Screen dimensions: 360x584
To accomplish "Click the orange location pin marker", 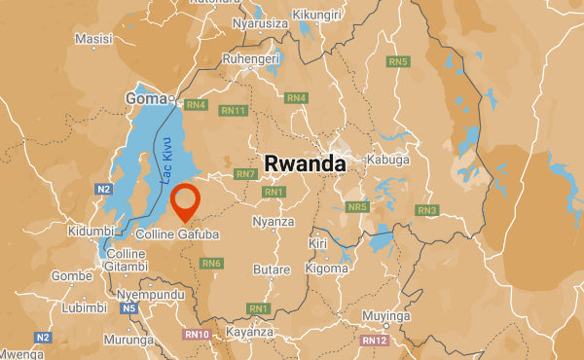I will (x=184, y=201).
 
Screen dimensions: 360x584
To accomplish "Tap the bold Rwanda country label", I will (x=305, y=163).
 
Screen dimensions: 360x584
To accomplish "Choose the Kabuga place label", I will (x=387, y=160).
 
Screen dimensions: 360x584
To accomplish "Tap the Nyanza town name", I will (x=273, y=222).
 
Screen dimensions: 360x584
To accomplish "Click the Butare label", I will (x=271, y=270).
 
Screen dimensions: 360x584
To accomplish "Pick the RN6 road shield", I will (x=211, y=263).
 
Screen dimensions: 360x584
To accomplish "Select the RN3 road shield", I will (x=426, y=210).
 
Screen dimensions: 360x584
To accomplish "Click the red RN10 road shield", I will (x=197, y=335).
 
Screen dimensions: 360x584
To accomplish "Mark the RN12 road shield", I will (x=374, y=340).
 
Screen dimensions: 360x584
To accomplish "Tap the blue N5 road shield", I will (x=129, y=308).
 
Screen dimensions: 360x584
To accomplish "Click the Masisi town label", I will (x=93, y=39).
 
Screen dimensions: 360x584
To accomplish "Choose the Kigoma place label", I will (x=326, y=268).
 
